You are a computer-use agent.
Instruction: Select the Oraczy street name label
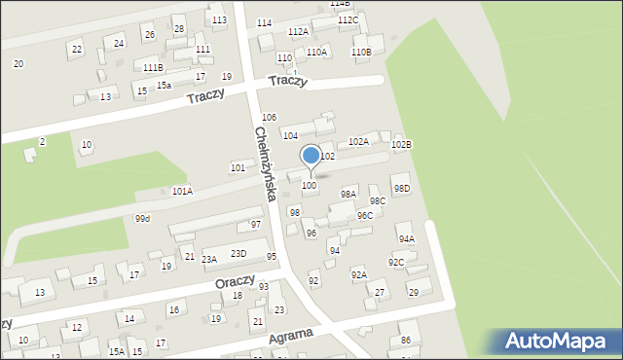tap(236, 283)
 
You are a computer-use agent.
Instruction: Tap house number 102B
tap(401, 145)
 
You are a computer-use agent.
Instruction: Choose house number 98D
tap(401, 188)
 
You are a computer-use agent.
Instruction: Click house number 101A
tap(182, 191)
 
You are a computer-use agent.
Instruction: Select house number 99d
tap(143, 218)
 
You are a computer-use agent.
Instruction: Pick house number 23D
tap(238, 254)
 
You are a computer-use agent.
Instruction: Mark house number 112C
tap(348, 20)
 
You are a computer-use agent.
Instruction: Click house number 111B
tap(153, 67)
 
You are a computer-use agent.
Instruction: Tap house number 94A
tap(406, 238)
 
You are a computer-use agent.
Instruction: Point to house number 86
tap(405, 340)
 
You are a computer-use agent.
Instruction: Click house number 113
tap(219, 20)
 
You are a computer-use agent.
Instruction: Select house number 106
tap(270, 117)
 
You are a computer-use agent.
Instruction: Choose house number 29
tap(413, 292)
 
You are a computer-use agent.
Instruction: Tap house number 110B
tap(360, 52)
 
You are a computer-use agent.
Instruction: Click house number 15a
tap(164, 86)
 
